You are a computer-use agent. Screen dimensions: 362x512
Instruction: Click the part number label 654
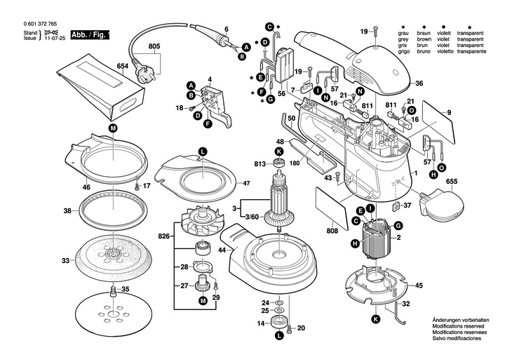(122, 66)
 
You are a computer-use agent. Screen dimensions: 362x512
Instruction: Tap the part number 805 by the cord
(154, 47)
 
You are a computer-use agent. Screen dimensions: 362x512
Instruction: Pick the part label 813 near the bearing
(260, 164)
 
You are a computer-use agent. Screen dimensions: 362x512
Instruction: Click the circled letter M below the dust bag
(114, 128)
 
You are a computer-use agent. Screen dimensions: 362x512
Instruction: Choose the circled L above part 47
(202, 151)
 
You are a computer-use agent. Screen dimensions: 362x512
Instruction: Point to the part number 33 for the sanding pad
(65, 260)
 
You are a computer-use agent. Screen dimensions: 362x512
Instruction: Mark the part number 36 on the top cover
(419, 83)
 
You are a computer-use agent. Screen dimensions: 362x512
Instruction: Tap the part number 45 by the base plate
(419, 286)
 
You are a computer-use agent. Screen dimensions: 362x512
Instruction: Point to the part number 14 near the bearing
(260, 323)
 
